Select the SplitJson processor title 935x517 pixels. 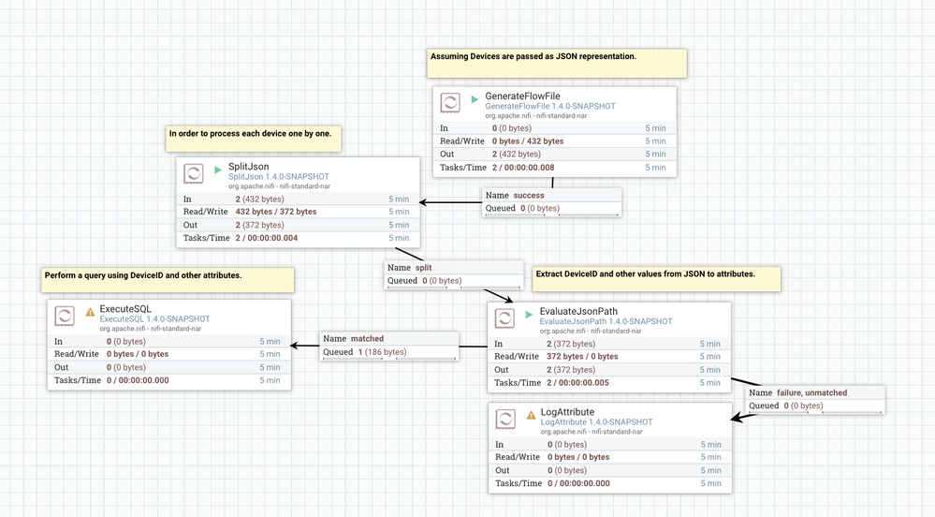[x=249, y=167]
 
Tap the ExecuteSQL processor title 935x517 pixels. [x=125, y=308]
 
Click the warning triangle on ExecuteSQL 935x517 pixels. [x=91, y=311]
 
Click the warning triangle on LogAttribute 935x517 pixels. [x=532, y=415]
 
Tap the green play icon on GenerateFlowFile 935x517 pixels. [x=475, y=98]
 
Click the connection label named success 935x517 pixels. [x=528, y=196]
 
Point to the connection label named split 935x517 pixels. [x=423, y=268]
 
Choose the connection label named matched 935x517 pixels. [x=367, y=339]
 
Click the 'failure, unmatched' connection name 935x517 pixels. [x=811, y=392]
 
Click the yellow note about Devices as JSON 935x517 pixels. [x=558, y=63]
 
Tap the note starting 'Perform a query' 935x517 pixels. [x=168, y=280]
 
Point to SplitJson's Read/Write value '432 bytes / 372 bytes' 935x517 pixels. [x=276, y=212]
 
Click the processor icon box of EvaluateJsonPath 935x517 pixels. [x=506, y=317]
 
